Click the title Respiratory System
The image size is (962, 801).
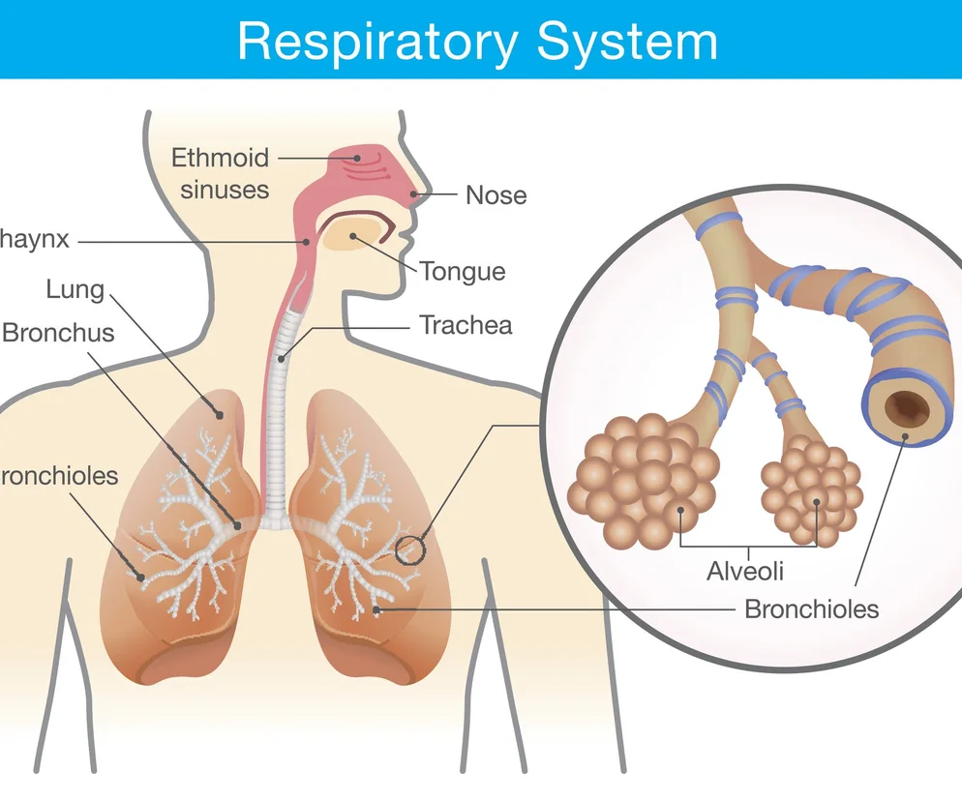pos(477,41)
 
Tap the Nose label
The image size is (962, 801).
pos(496,194)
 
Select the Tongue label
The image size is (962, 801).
pos(462,271)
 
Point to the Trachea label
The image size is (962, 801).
pos(465,325)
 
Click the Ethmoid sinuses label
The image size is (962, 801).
pos(221,172)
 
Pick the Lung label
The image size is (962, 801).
pos(75,288)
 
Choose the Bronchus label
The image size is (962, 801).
pos(58,333)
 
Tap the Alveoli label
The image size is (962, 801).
pos(744,571)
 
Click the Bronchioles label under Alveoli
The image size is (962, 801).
pos(811,609)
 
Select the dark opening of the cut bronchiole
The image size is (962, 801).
pos(907,407)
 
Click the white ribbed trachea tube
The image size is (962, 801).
pos(278,435)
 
